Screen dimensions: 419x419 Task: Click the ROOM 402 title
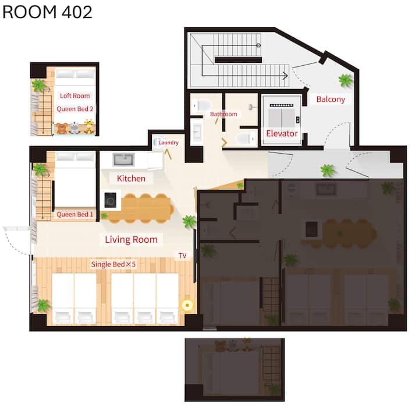[x=47, y=12]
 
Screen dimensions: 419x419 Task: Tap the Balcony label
[x=331, y=99]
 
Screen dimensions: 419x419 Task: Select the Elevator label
[x=282, y=133]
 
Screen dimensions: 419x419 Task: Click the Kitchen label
[x=131, y=178]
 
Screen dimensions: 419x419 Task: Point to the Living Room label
[x=131, y=239]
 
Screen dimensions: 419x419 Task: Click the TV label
[x=183, y=255]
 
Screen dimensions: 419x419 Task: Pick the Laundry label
[x=168, y=143]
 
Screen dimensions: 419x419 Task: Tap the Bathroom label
[x=223, y=114]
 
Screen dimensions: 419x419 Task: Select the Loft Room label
[x=75, y=95]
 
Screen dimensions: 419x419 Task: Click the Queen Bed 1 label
[x=75, y=214]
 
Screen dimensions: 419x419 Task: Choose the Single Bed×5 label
[x=113, y=264]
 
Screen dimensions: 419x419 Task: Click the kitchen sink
[x=123, y=160]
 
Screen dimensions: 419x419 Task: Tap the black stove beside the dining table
[x=111, y=200]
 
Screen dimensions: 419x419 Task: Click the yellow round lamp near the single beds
[x=187, y=305]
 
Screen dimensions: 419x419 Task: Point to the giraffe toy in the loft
[x=89, y=126]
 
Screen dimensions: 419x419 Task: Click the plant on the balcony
[x=346, y=80]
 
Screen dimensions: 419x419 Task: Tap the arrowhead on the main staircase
[x=286, y=76]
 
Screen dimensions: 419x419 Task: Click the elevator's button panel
[x=298, y=120]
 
